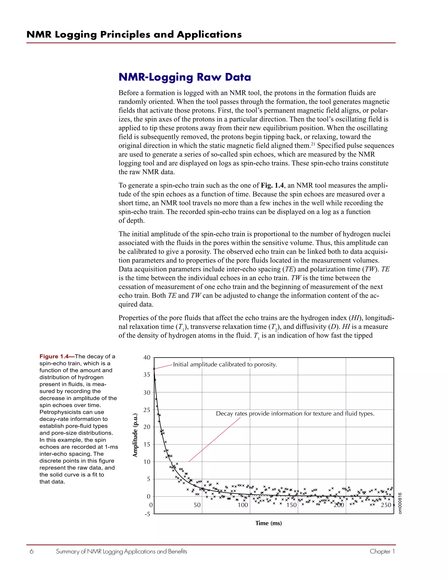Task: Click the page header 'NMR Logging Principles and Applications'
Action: tap(134, 35)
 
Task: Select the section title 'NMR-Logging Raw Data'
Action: tap(184, 77)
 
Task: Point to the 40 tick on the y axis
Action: tap(147, 357)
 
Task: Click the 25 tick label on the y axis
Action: tap(147, 410)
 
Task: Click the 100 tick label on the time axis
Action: tap(243, 505)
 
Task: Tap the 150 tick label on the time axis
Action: tap(291, 505)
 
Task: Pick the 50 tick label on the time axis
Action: tap(197, 505)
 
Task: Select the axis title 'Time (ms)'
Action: tap(269, 523)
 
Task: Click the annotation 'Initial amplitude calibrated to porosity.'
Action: tap(225, 364)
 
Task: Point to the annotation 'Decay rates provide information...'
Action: tap(295, 413)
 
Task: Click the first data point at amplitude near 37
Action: tap(154, 369)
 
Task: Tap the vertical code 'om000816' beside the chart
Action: tap(400, 503)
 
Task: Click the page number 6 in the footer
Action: tap(31, 552)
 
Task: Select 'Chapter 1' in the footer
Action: tap(382, 552)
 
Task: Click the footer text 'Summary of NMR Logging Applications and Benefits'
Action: tap(122, 552)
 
